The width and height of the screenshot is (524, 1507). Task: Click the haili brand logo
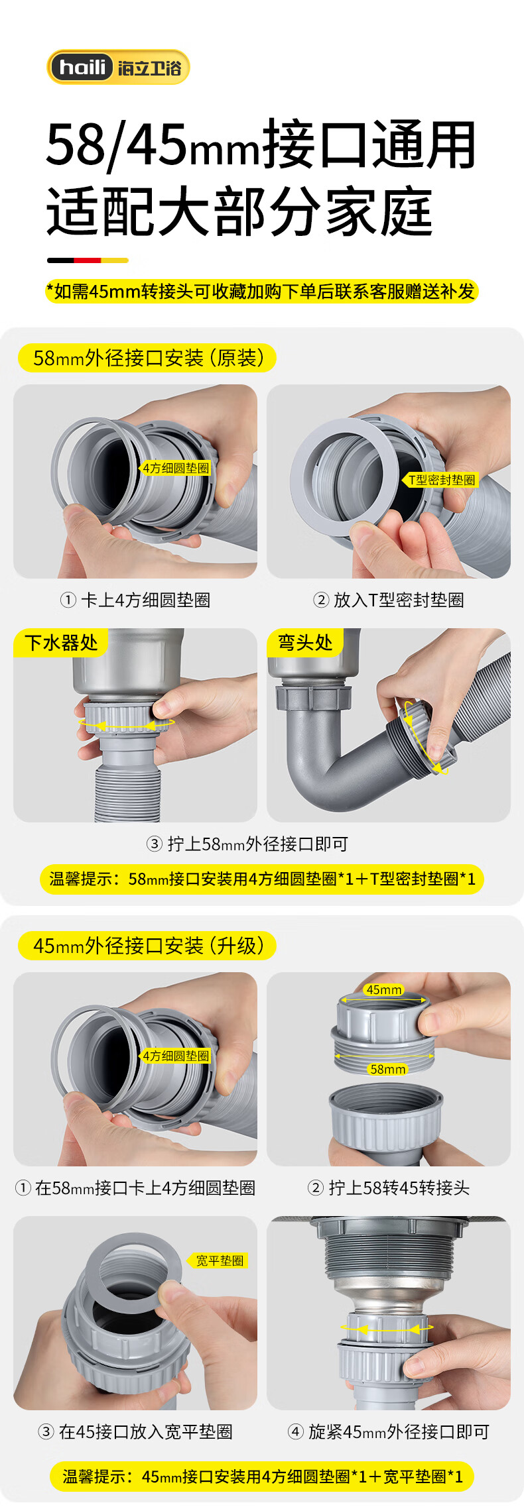pos(118,67)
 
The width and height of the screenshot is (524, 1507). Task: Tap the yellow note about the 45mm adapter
pos(261,292)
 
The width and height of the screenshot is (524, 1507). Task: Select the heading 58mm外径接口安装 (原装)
pos(147,358)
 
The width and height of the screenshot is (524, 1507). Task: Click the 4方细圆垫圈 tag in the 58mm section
pos(176,468)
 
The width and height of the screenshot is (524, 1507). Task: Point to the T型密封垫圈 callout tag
pos(441,480)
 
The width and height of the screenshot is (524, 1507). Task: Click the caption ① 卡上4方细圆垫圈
pos(135,600)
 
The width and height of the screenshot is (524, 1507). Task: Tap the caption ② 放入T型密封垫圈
pos(389,600)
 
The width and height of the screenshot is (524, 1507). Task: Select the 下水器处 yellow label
pos(60,642)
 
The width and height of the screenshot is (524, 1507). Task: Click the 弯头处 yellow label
pos(305,642)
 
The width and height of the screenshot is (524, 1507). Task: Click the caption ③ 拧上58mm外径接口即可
pos(247,844)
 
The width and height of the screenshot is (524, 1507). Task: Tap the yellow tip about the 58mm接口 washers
pos(262,879)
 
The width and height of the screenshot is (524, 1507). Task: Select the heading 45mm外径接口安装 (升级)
pos(147,946)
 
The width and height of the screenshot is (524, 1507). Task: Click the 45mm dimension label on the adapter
pos(383,989)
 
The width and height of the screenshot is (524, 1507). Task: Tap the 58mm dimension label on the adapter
pos(388,1069)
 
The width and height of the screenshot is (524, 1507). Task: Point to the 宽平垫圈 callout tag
pos(220,1260)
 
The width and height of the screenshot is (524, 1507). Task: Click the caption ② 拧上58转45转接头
pos(389,1188)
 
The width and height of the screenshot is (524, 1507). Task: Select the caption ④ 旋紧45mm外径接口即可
pos(389,1432)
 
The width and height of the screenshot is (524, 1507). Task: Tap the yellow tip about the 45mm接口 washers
pos(262,1477)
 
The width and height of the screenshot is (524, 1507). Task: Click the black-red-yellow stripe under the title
pos(88,260)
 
